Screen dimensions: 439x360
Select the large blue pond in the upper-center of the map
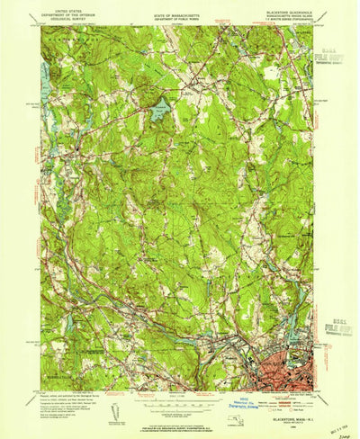(x=157, y=112)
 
